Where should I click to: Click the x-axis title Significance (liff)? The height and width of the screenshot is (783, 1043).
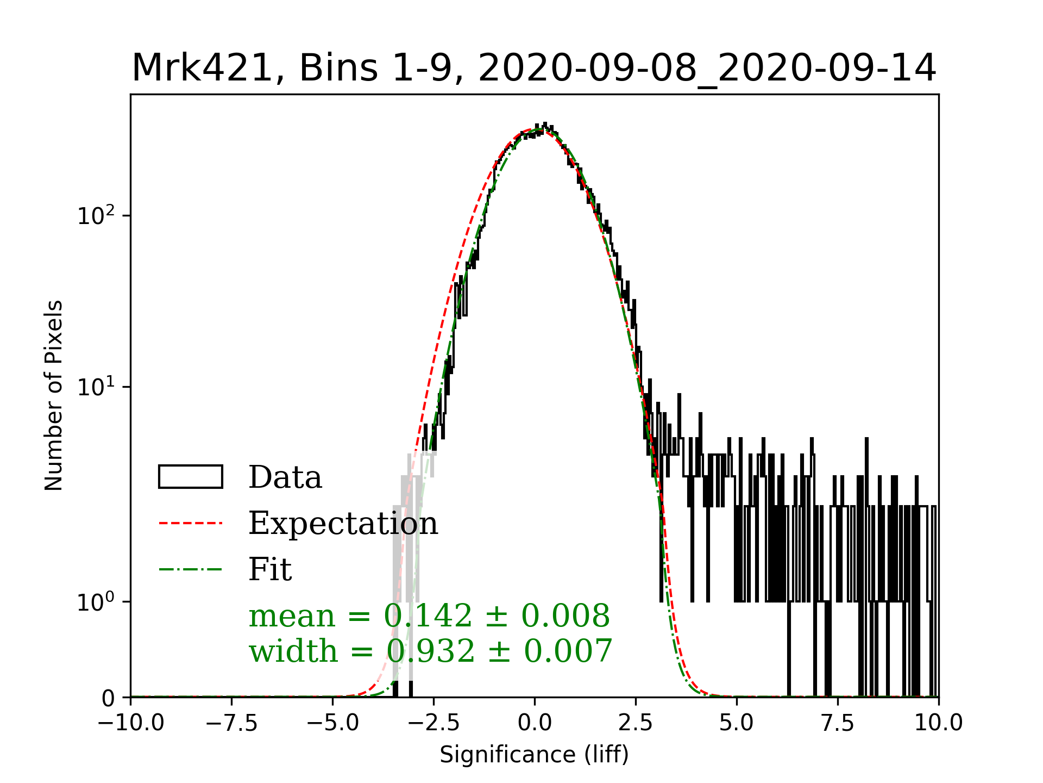(x=534, y=755)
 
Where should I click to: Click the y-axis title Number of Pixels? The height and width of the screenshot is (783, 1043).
(x=54, y=395)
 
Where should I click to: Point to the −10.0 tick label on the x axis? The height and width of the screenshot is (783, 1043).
(x=131, y=723)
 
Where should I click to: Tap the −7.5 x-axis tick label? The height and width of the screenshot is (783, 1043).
(x=232, y=723)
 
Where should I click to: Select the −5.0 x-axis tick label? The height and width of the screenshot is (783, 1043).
(x=333, y=723)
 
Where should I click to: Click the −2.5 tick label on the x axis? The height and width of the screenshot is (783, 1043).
(x=434, y=723)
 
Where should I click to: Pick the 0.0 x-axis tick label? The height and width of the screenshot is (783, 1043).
(x=535, y=723)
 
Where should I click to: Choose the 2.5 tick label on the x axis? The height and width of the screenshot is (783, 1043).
(x=636, y=723)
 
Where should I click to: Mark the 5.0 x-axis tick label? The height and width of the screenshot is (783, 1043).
(x=737, y=723)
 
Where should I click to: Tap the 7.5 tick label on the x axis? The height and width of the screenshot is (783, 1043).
(x=838, y=723)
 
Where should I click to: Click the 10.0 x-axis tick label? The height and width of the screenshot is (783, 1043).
(x=938, y=723)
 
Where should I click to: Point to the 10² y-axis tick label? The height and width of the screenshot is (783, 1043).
(x=96, y=216)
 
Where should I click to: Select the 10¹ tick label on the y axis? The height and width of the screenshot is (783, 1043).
(x=96, y=387)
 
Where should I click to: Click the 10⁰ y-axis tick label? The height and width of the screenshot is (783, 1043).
(x=96, y=602)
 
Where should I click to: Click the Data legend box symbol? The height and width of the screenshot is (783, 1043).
(x=191, y=477)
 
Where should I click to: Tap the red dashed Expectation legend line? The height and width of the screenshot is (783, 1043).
(x=191, y=523)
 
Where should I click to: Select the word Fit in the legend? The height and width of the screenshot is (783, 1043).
(x=270, y=569)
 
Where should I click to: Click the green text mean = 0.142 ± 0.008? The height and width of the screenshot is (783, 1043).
(x=429, y=616)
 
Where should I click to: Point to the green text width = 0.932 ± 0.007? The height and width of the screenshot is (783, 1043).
(x=430, y=651)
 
